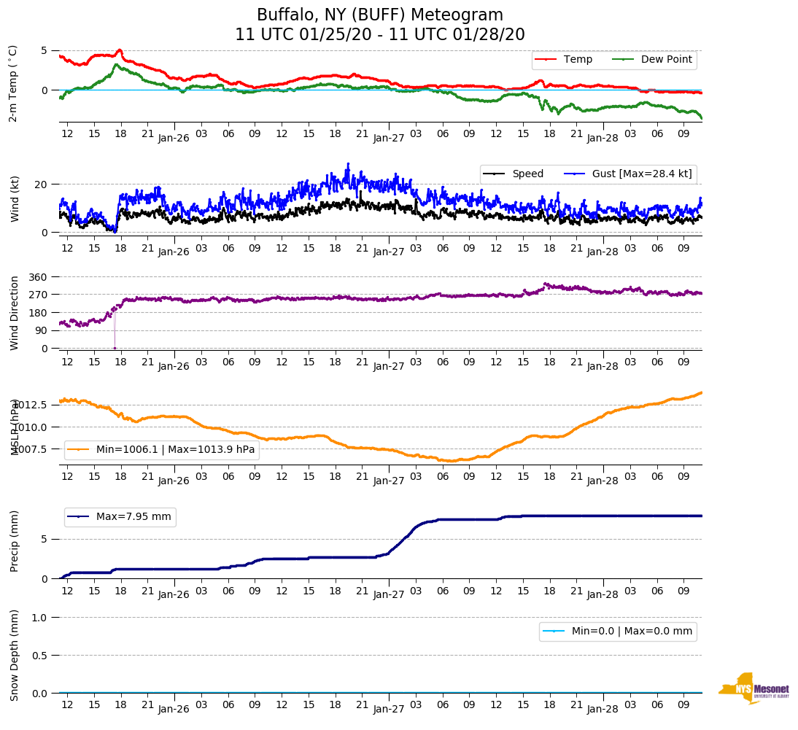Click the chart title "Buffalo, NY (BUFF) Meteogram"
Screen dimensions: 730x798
coord(379,15)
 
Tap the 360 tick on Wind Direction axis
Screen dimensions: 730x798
coord(38,277)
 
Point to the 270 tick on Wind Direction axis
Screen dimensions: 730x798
coord(38,295)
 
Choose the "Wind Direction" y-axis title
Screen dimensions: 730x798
coord(15,313)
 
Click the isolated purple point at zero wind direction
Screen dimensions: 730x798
coord(115,348)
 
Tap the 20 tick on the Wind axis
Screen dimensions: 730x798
coord(43,185)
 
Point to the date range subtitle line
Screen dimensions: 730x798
coord(379,35)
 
